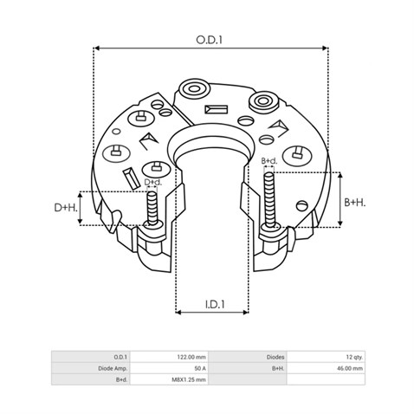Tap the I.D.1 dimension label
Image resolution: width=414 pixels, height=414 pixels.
[x=215, y=304]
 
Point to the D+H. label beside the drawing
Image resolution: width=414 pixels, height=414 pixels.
[x=66, y=208]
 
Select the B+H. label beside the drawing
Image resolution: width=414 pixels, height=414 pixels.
[x=354, y=202]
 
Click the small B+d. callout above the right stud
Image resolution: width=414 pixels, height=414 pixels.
[x=269, y=161]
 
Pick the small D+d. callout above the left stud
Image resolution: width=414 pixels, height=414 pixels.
[x=152, y=182]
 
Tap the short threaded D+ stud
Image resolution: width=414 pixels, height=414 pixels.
[x=152, y=210]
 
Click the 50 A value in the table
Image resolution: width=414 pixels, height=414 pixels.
[x=199, y=367]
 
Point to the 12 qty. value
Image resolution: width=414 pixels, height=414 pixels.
[x=351, y=356]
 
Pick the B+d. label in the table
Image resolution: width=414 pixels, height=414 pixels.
[x=120, y=379]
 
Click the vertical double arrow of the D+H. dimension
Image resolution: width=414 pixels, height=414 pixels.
[x=82, y=208]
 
